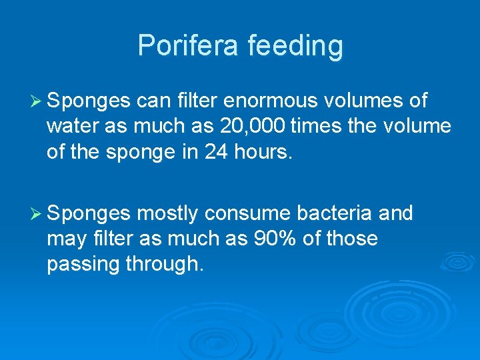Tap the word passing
click(84, 265)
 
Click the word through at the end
click(162, 265)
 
